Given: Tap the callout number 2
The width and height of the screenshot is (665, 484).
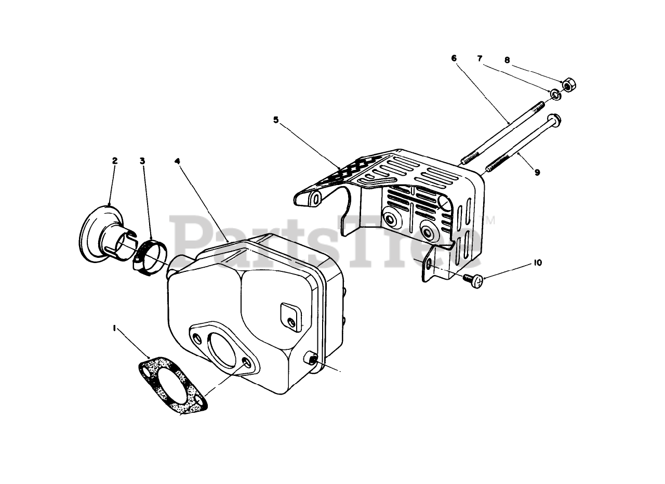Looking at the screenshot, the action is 115,161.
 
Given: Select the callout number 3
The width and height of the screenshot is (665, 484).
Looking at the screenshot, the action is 142,161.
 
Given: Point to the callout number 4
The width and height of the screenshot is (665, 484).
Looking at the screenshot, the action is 177,161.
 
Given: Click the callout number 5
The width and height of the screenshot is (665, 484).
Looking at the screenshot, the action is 276,120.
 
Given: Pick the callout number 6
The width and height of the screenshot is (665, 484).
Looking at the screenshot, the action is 454,58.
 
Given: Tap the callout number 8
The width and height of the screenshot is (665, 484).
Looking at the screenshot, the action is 507,60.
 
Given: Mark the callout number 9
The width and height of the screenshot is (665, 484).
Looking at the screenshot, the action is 537,172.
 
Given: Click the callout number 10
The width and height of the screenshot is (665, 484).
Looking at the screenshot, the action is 537,263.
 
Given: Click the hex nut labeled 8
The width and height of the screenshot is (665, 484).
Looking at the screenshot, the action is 568,85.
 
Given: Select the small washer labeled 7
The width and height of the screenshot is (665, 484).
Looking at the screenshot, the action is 554,94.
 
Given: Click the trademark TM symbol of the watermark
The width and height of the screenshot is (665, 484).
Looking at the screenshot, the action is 489,220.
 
